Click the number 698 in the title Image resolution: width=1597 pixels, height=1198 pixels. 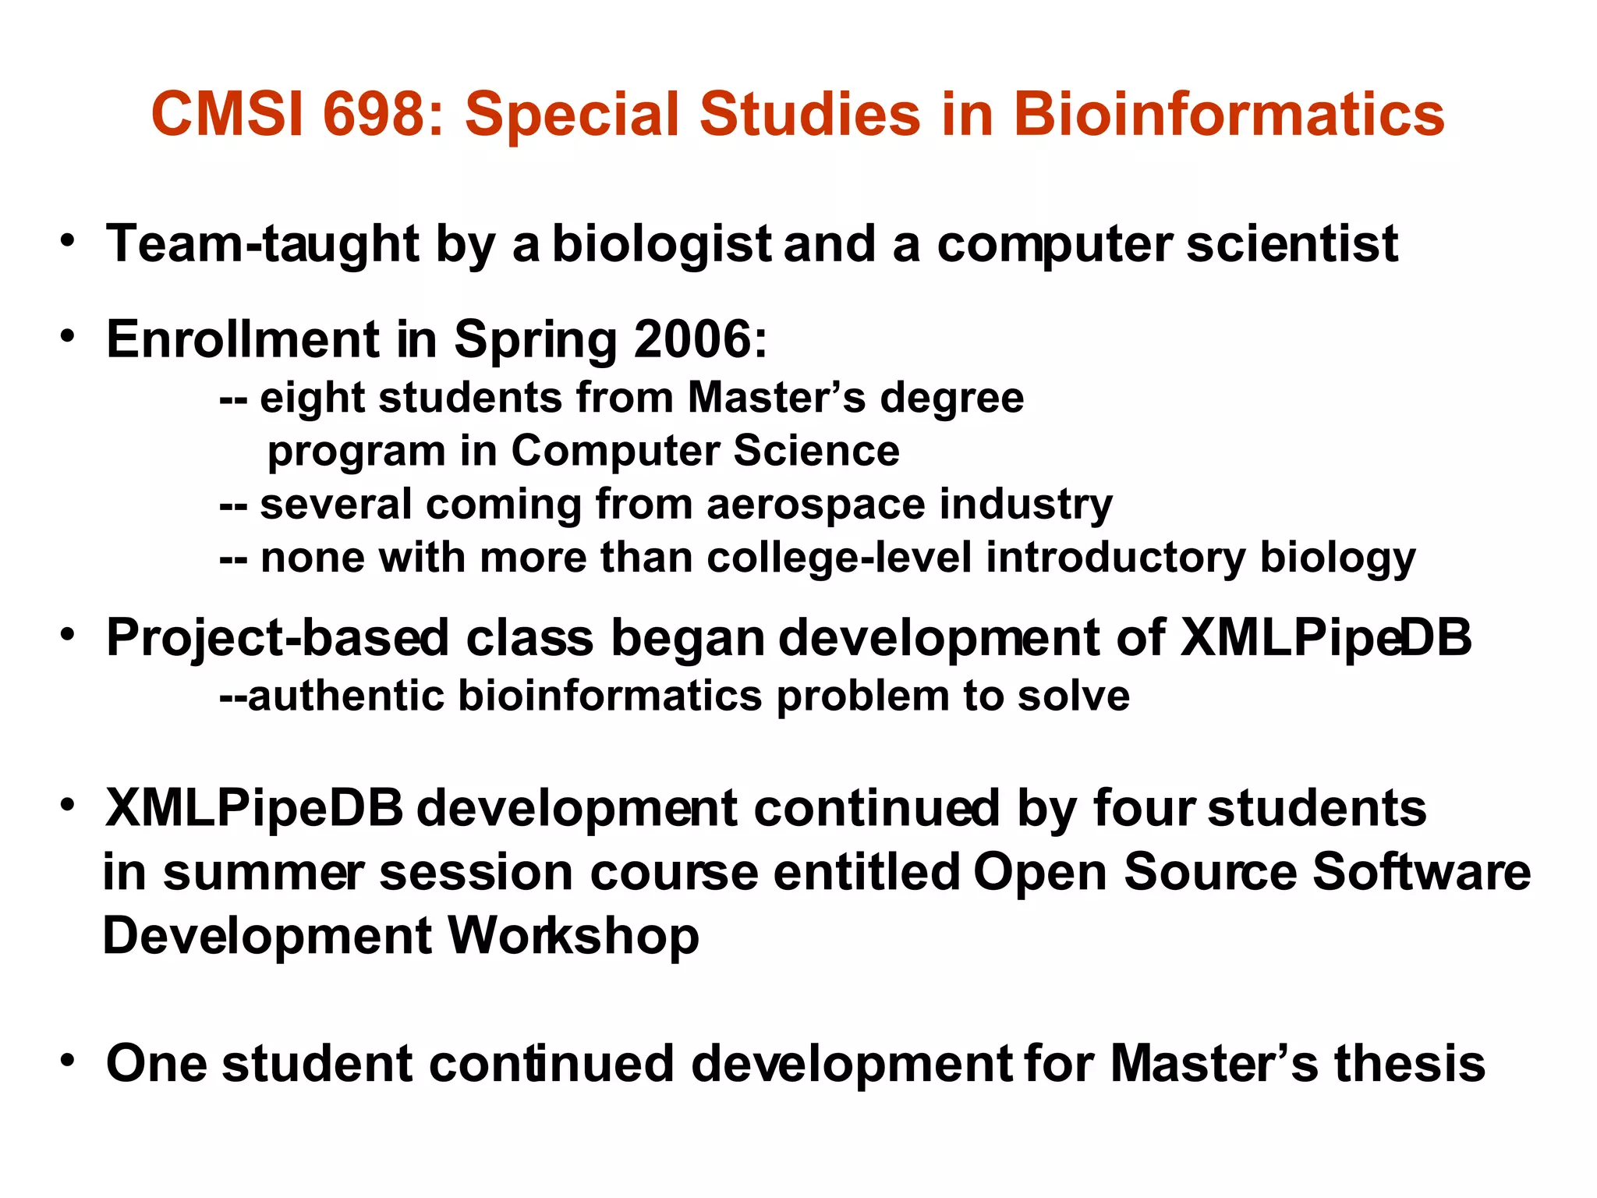pyautogui.click(x=370, y=114)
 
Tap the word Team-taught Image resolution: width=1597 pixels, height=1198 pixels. pyautogui.click(x=263, y=243)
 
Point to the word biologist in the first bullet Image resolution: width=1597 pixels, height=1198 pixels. pyautogui.click(x=661, y=243)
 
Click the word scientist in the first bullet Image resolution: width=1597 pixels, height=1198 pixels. pyautogui.click(x=1292, y=243)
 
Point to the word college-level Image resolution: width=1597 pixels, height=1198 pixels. pyautogui.click(x=839, y=558)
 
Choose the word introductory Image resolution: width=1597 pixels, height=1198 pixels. pyautogui.click(x=1116, y=558)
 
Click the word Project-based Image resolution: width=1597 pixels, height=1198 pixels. pyautogui.click(x=278, y=638)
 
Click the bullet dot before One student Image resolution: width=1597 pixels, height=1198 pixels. pyautogui.click(x=69, y=1060)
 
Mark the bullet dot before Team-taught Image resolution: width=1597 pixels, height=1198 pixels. pyautogui.click(x=69, y=240)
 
